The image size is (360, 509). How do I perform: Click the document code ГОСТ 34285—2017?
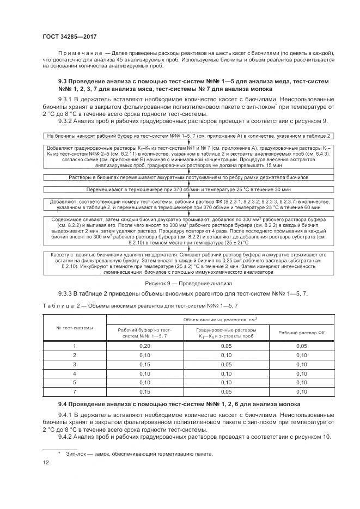point(66,36)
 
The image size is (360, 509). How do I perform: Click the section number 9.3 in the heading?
point(65,81)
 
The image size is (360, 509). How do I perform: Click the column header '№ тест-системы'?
point(75,328)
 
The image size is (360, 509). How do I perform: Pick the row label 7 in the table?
point(75,391)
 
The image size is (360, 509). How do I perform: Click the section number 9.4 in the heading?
point(65,405)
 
